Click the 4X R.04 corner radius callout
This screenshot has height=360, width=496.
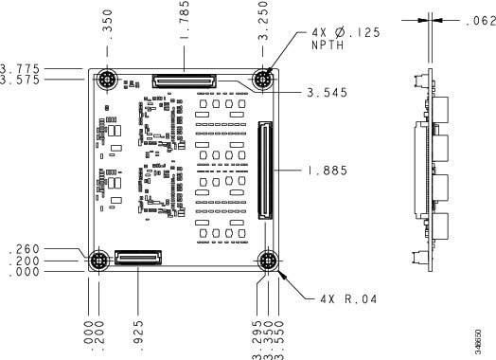pyautogui.click(x=349, y=299)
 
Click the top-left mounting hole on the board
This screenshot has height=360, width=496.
pyautogui.click(x=106, y=80)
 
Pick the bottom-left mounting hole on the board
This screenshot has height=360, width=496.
pyautogui.click(x=98, y=261)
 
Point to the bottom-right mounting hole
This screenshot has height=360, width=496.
pyautogui.click(x=268, y=261)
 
